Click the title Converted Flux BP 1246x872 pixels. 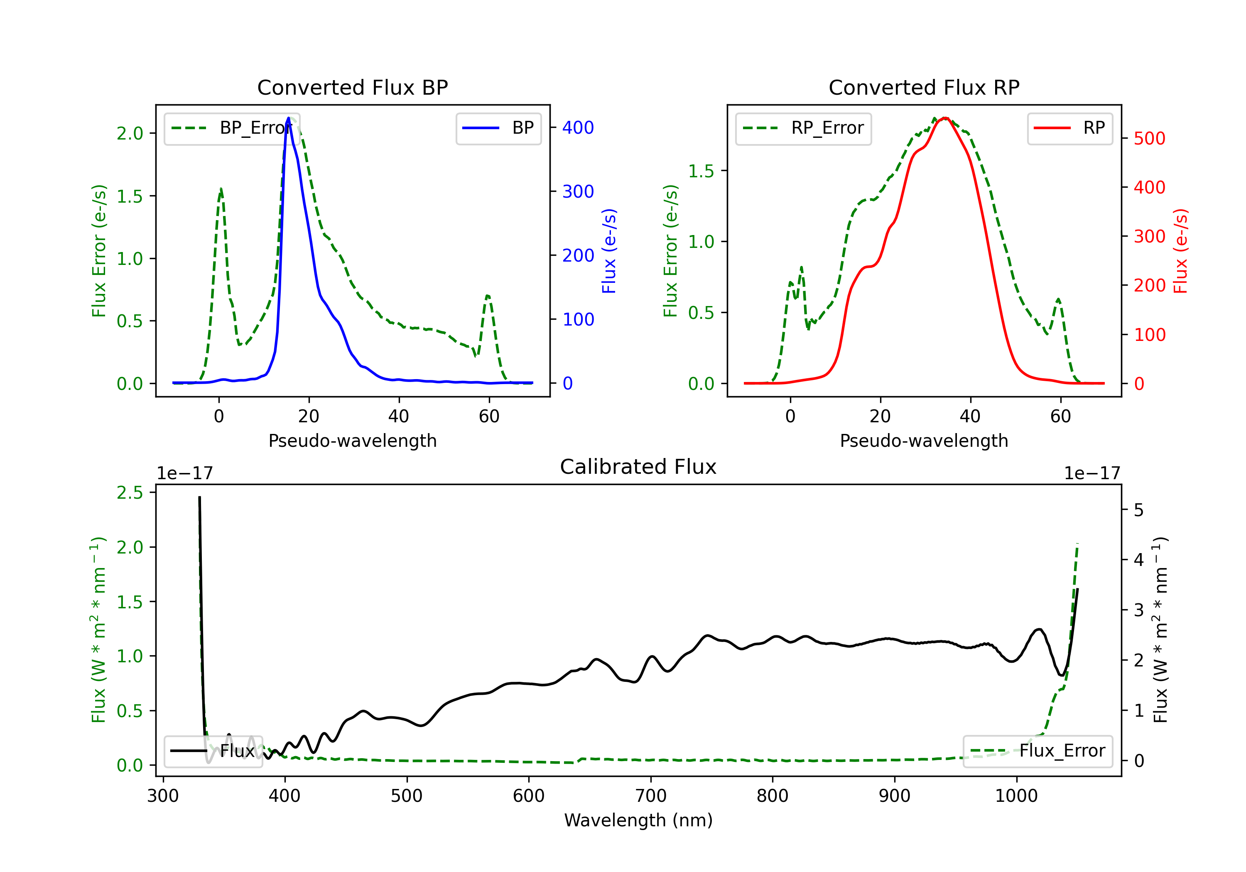352,87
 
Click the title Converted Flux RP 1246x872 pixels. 924,87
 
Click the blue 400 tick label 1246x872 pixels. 578,127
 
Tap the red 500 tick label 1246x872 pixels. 1149,138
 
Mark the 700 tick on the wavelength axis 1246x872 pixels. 651,796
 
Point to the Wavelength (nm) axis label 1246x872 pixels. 638,820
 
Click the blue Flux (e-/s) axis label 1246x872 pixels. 609,251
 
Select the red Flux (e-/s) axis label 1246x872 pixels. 1180,251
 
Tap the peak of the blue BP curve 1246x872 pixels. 288,118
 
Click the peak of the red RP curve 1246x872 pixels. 945,118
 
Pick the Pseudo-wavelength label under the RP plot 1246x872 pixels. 924,441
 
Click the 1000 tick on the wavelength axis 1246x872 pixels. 1016,796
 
